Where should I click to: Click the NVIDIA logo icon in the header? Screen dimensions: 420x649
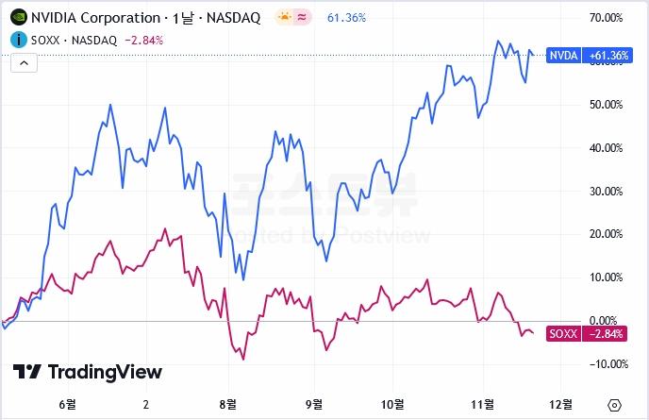(x=19, y=18)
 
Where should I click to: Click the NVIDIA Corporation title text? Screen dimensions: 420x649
(x=95, y=18)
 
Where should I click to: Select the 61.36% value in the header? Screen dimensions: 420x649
(x=346, y=18)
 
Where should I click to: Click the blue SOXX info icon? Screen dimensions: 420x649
(x=19, y=40)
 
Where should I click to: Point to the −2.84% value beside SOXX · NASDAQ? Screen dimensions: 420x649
(x=143, y=40)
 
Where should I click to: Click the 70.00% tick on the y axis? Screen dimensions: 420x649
(x=606, y=18)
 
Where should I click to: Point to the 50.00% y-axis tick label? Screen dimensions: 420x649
(x=606, y=105)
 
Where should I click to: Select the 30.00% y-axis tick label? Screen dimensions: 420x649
(x=606, y=192)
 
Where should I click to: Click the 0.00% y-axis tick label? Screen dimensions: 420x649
(x=607, y=321)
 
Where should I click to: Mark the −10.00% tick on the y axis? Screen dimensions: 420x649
(x=604, y=364)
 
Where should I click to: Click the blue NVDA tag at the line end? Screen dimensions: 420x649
(x=563, y=56)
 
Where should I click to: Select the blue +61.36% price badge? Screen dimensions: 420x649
(x=607, y=56)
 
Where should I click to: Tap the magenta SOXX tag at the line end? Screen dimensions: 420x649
(x=563, y=334)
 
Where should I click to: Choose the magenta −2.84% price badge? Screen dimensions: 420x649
(x=607, y=334)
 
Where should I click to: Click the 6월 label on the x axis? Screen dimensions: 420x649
(x=67, y=403)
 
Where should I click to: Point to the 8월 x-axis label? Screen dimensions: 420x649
(x=227, y=403)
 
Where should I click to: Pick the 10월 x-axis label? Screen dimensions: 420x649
(x=391, y=403)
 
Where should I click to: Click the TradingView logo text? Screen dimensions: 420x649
(x=88, y=372)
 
